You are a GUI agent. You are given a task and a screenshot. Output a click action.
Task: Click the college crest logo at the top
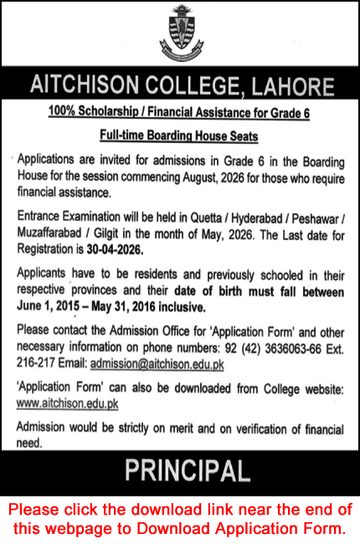click(x=180, y=32)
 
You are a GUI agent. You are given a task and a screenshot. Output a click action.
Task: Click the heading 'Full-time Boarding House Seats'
click(x=179, y=135)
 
